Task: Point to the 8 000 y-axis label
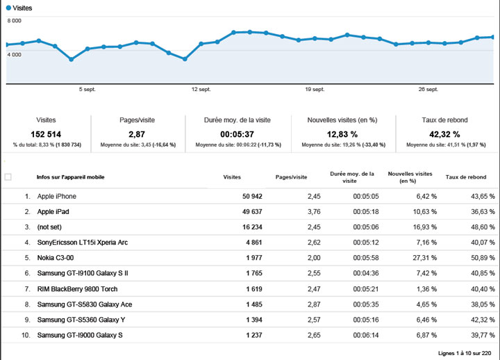pyautogui.click(x=14, y=21)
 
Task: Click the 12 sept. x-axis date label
pyautogui.click(x=201, y=89)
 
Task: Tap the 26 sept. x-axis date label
pyautogui.click(x=428, y=89)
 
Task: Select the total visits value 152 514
pyautogui.click(x=47, y=134)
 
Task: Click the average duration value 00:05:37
pyautogui.click(x=237, y=134)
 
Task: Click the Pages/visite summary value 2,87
pyautogui.click(x=136, y=134)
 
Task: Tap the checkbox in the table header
pyautogui.click(x=8, y=177)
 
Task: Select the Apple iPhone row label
pyautogui.click(x=57, y=196)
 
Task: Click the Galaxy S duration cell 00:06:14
pyautogui.click(x=365, y=335)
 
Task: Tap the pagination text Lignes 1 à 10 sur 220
pyautogui.click(x=465, y=352)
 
